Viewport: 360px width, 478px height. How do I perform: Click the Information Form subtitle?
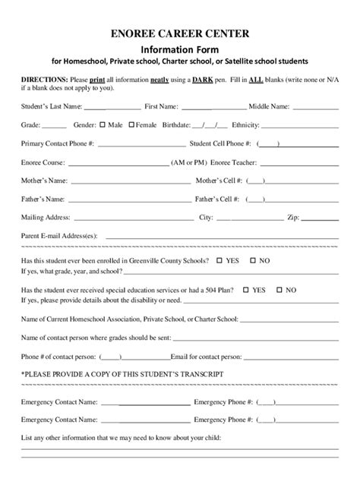click(x=179, y=48)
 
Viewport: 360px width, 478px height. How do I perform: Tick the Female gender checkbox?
click(x=131, y=124)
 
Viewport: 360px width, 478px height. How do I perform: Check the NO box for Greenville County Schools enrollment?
click(x=254, y=260)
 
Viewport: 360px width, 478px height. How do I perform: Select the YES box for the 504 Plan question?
click(x=267, y=289)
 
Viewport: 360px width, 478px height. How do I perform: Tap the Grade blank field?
click(x=54, y=126)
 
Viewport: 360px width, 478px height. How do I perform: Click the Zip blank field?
click(x=320, y=219)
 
